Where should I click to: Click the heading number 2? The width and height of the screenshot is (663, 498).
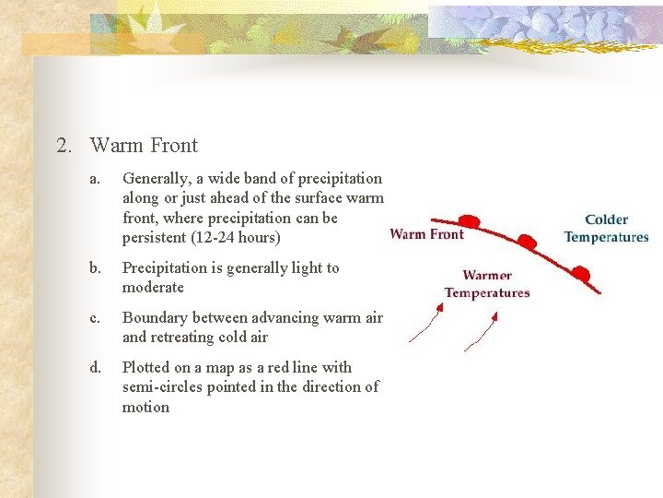[x=63, y=146]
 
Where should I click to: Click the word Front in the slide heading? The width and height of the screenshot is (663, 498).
[x=170, y=146]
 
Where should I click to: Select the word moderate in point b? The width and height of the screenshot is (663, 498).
[x=153, y=288]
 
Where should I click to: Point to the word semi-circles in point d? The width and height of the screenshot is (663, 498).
[x=162, y=387]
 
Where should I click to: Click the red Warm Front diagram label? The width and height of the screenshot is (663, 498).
[x=426, y=233]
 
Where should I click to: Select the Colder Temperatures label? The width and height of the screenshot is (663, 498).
[x=606, y=228]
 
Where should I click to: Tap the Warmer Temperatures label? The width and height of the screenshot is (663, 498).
[x=487, y=284]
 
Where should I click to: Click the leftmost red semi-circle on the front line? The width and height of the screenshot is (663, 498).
[x=469, y=222]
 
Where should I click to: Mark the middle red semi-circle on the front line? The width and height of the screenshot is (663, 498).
[x=527, y=242]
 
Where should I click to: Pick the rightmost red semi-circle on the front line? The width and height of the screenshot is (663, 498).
[x=580, y=272]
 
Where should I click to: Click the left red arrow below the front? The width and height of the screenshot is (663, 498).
[x=425, y=324]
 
